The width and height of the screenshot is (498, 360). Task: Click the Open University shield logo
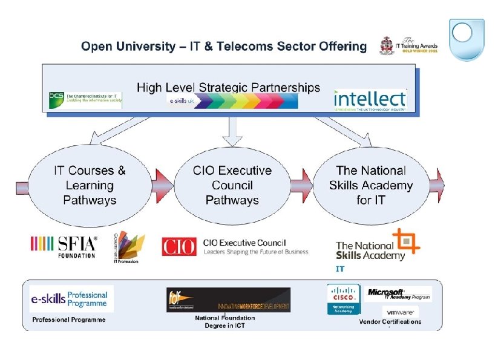pos(466,39)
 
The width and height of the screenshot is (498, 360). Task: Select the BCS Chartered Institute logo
pos(85,100)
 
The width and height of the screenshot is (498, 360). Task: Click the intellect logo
pos(370,99)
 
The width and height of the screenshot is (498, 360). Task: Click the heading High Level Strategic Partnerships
pos(228,87)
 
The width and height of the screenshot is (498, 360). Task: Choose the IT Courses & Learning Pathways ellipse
pos(90,185)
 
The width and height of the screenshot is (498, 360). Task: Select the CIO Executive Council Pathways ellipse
pos(232,185)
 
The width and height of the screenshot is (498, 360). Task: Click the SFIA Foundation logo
pos(64,246)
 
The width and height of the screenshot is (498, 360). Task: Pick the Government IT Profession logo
pos(129,247)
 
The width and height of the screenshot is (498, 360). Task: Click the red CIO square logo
pos(179,246)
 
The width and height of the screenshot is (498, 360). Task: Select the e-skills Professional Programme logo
pos(71,298)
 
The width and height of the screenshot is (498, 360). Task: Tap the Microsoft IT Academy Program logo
pos(399,294)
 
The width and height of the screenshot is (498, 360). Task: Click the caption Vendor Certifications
pos(390,322)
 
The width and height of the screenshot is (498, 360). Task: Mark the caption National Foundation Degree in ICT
pos(224,322)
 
